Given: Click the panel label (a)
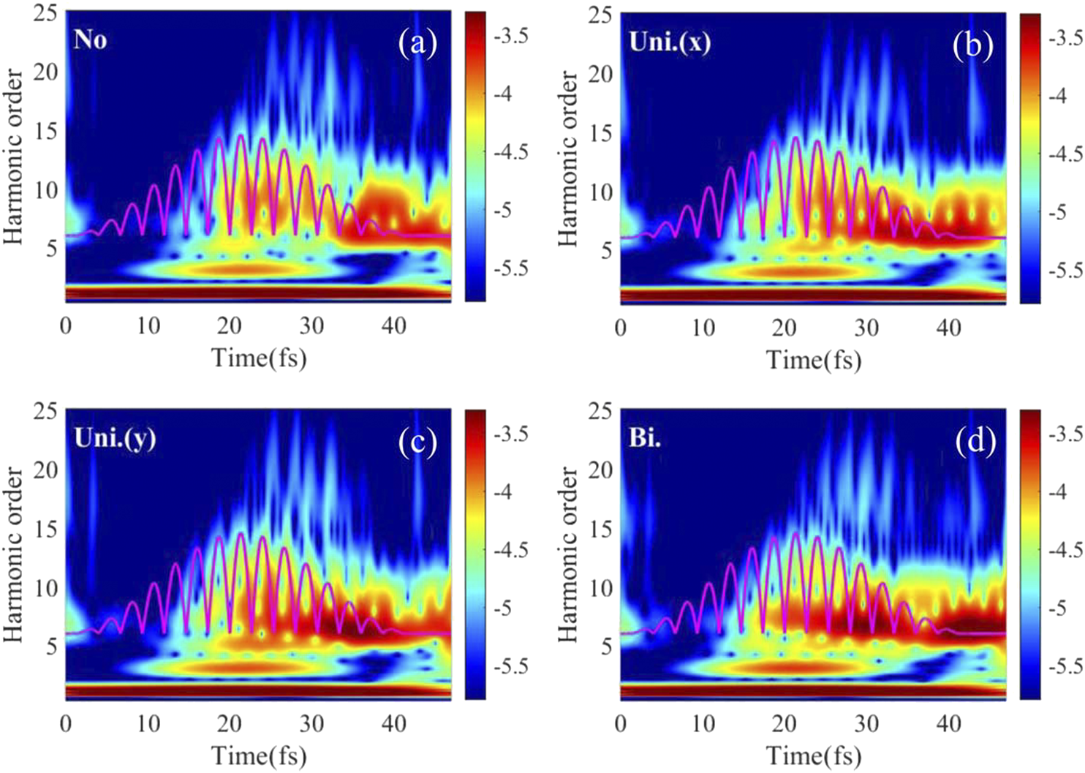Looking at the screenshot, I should point(417,44).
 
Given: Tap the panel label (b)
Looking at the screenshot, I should point(972,45).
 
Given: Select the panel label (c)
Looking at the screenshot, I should point(417,442).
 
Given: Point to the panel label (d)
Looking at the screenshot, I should point(975,442).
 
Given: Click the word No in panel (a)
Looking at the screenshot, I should point(91,39).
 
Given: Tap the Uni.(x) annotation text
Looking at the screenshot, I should point(669,42).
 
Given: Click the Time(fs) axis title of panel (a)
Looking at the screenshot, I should point(259,358).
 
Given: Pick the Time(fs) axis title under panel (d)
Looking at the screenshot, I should point(814,755).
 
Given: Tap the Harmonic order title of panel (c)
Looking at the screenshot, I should point(14,555).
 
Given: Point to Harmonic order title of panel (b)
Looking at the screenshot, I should point(568,158).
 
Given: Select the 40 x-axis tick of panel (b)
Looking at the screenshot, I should point(948,328).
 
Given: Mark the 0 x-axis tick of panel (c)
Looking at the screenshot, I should point(66,724).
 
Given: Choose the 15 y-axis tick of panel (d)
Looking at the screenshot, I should point(600,529).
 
